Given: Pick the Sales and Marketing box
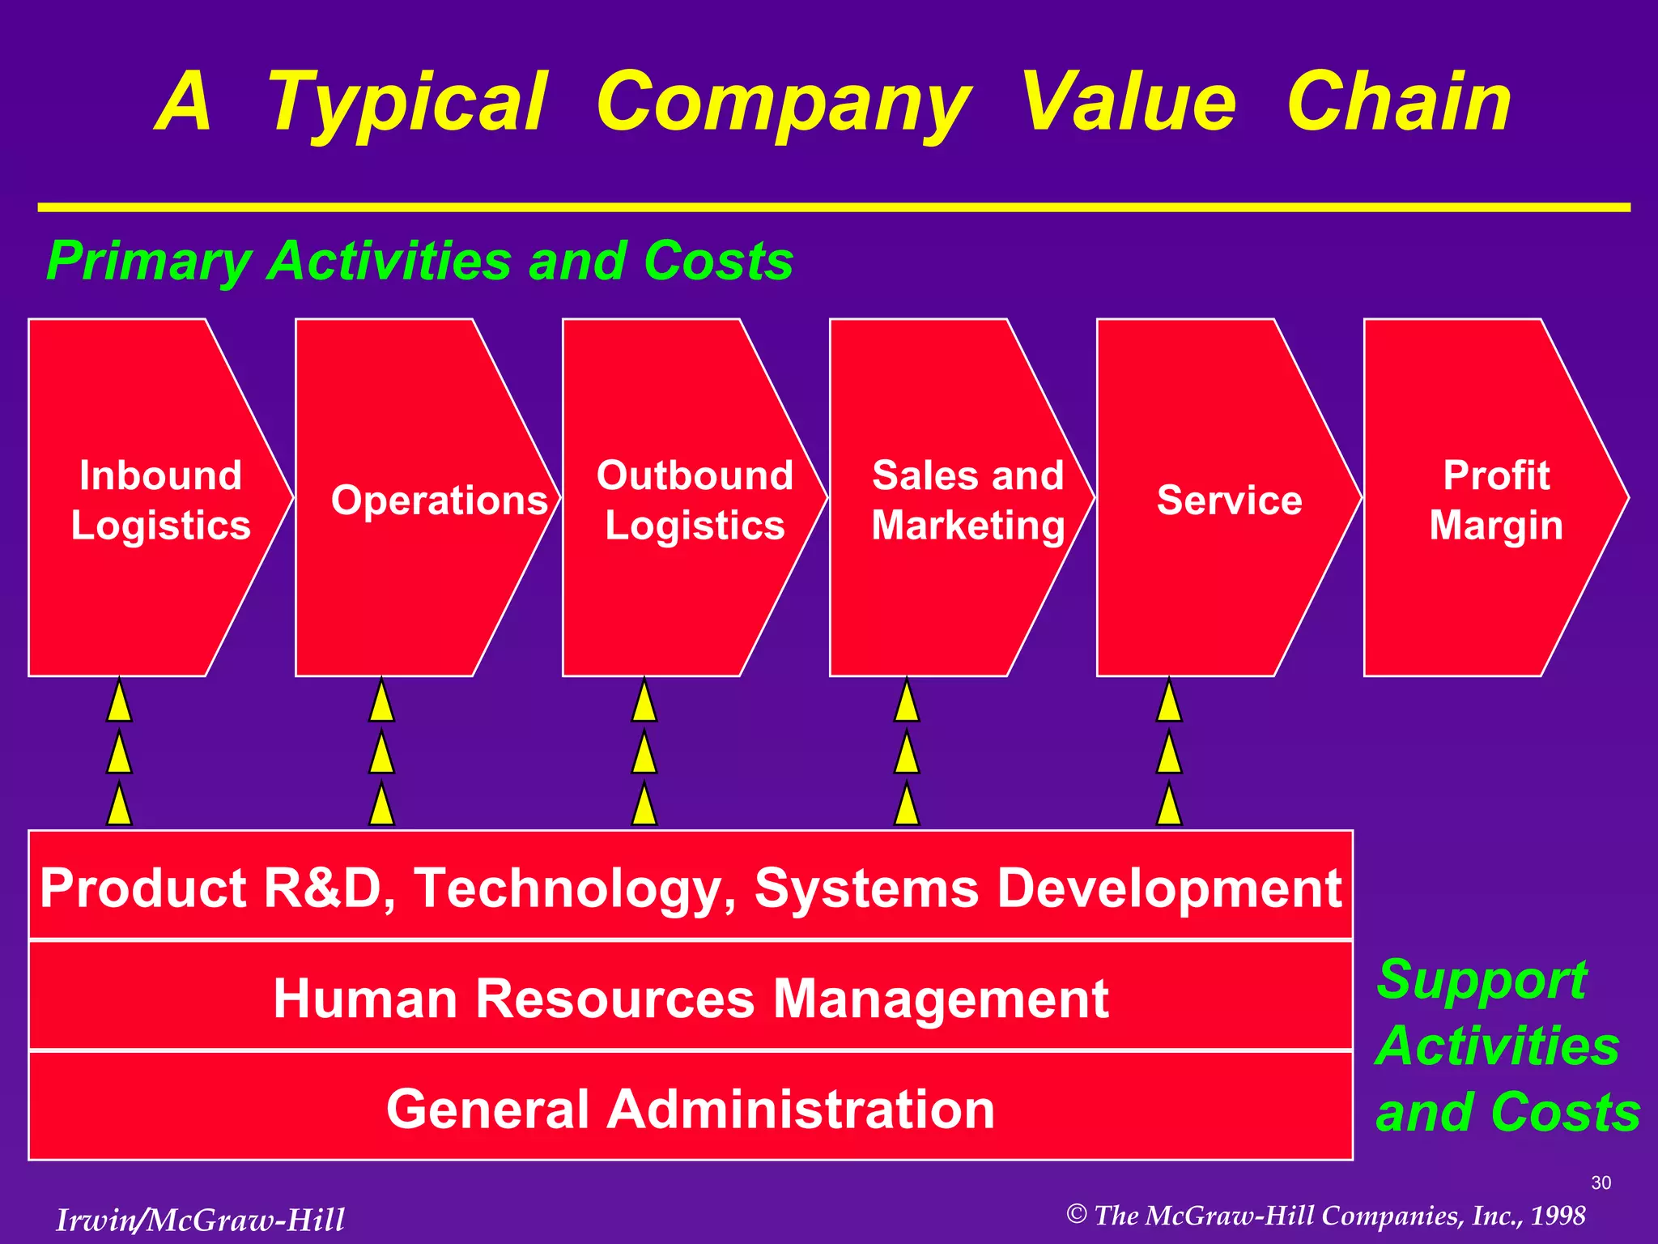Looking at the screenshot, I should point(955,498).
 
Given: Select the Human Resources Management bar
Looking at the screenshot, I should point(690,997).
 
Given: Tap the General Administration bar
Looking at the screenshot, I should point(690,1108).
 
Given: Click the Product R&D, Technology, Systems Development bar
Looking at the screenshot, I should point(690,887).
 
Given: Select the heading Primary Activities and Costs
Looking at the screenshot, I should point(419,261).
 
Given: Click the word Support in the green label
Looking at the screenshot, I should point(1481,980).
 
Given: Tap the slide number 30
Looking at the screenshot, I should point(1601,1182).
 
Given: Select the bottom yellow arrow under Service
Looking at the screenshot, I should point(1169,806).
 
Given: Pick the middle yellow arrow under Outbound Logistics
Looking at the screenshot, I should point(644,754).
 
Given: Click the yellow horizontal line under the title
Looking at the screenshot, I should point(834,207).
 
